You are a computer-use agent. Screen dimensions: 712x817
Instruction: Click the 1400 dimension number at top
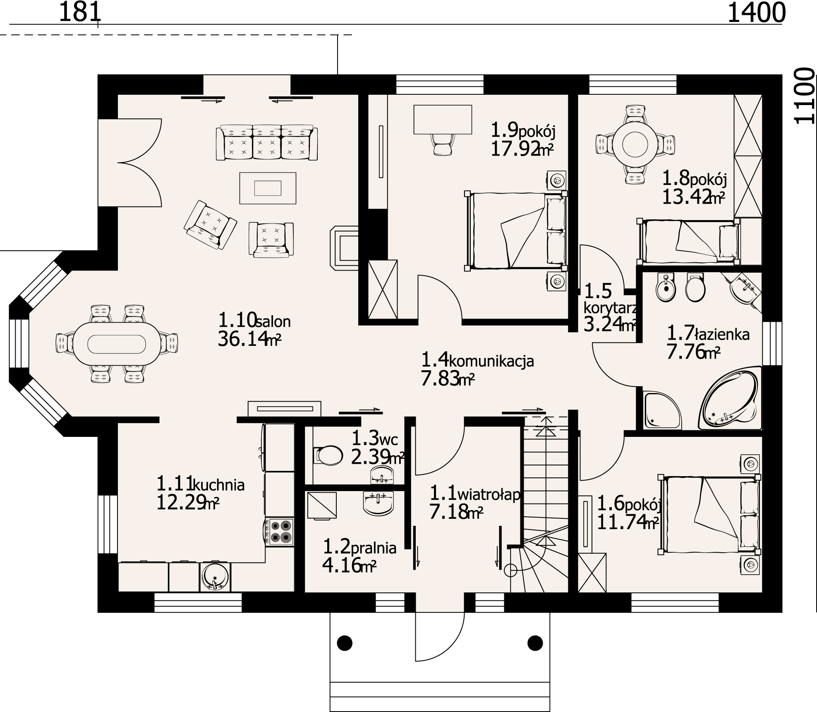(756, 13)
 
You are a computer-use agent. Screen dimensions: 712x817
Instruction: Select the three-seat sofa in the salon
(267, 143)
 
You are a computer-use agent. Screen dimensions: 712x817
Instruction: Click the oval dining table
(116, 344)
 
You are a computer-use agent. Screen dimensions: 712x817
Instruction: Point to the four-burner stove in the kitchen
(280, 532)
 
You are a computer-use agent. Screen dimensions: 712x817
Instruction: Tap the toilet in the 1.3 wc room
(328, 455)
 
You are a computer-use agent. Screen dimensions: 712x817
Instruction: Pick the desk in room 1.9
(443, 119)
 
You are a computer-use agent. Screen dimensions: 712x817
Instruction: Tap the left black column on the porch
(345, 643)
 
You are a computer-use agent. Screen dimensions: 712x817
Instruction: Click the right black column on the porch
(535, 643)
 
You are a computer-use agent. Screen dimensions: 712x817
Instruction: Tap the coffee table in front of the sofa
(268, 188)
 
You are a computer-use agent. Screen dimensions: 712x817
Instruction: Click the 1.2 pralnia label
(359, 548)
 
